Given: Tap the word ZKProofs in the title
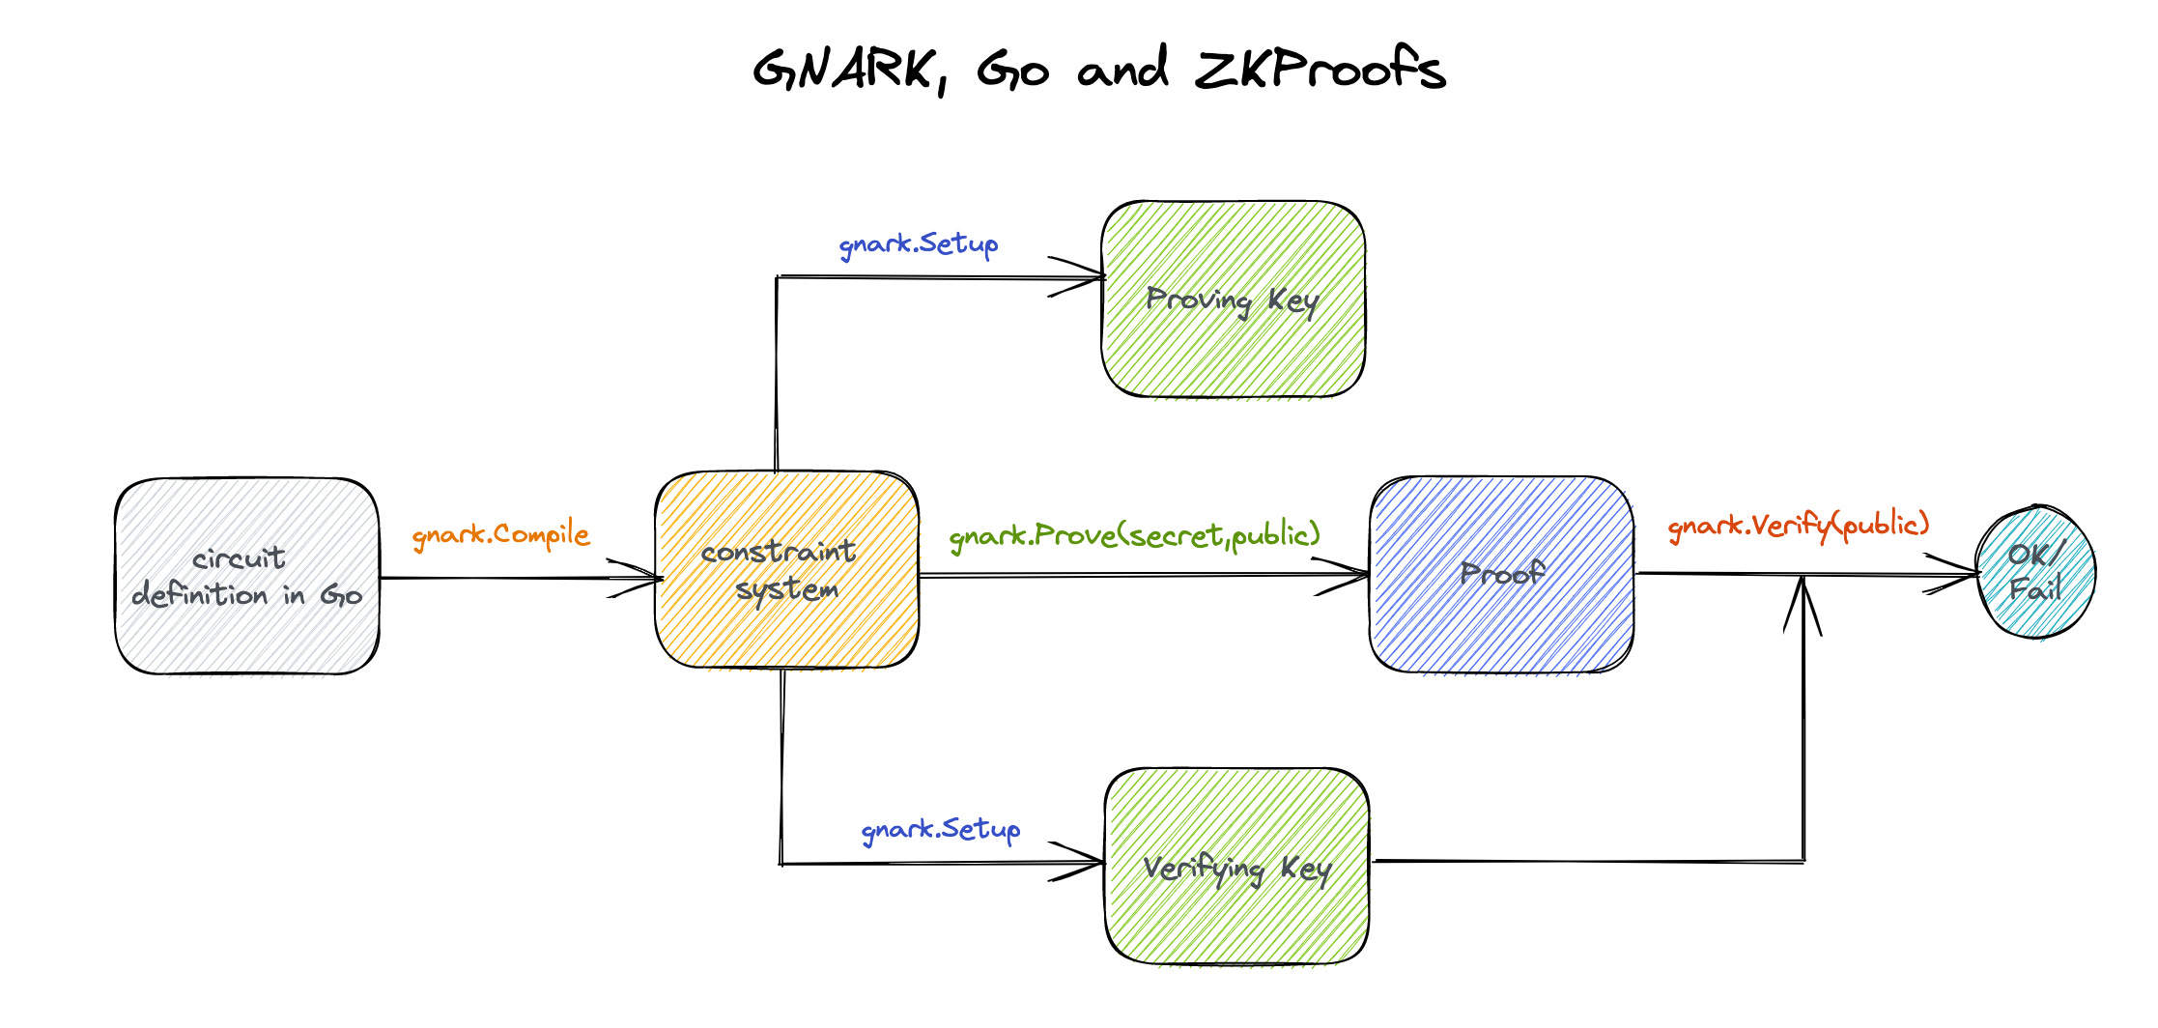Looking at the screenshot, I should click(x=1320, y=70).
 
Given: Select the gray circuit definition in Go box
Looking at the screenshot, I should click(x=246, y=576).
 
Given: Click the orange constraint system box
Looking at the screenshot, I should click(x=786, y=570).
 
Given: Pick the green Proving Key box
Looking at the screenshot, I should click(x=1233, y=300).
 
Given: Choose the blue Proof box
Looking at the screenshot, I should click(x=1501, y=574).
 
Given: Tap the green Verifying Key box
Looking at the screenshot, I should click(x=1236, y=867).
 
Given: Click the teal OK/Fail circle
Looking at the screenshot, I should click(x=2035, y=572).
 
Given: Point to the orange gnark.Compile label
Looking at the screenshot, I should click(x=500, y=534).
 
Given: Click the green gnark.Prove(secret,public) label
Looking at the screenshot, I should click(x=1134, y=535).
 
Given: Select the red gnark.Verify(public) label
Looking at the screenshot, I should click(x=1798, y=526).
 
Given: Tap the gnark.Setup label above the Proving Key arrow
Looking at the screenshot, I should click(x=918, y=243).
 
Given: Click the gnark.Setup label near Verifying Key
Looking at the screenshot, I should click(x=940, y=829).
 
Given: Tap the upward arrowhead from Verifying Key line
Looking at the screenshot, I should click(x=1803, y=599).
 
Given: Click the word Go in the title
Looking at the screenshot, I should click(x=1012, y=70).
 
